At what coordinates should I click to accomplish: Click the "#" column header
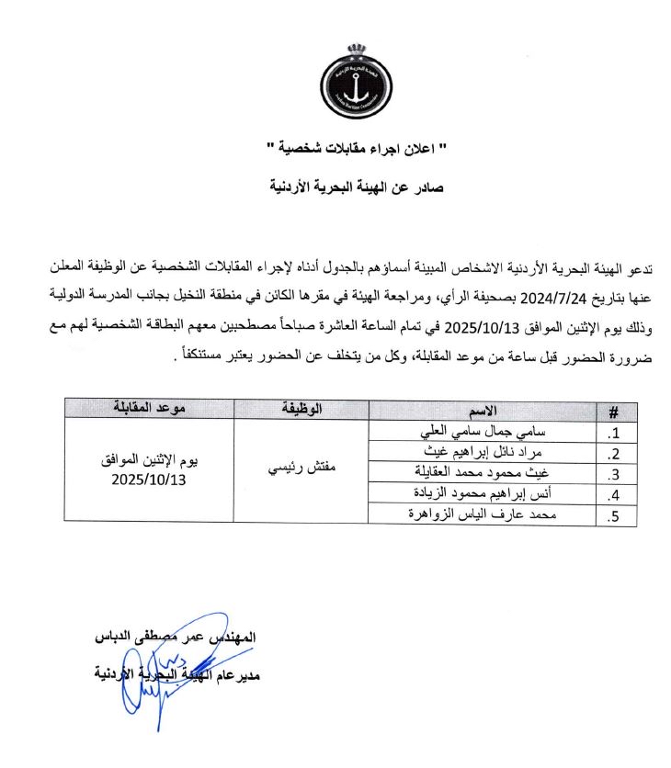click(614, 411)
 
